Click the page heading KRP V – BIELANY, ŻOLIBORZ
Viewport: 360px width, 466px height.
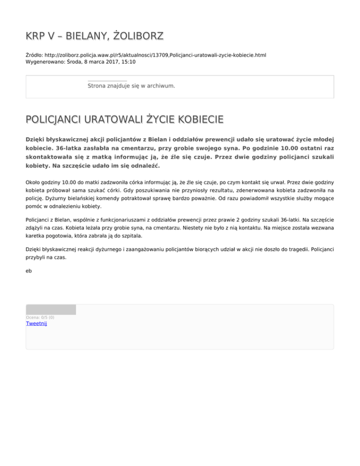coord(94,36)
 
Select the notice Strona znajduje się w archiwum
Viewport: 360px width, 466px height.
coord(131,86)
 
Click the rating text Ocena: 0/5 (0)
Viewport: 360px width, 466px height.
coord(40,317)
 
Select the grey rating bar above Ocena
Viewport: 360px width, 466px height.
coord(51,309)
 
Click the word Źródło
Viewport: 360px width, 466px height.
coord(34,55)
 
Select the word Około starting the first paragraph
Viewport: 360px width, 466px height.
coord(34,181)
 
